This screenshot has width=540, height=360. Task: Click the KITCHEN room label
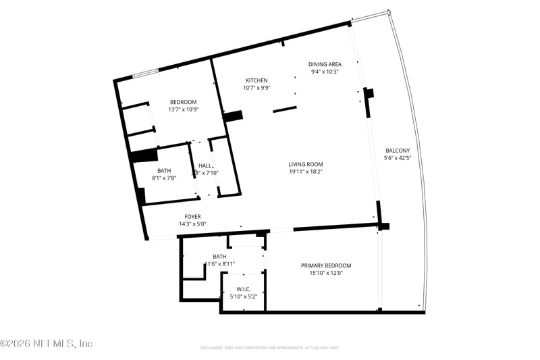coord(256,80)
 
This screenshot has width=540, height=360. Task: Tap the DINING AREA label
coord(325,64)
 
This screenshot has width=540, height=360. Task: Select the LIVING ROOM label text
coord(306,164)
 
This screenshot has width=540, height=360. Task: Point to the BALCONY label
coord(398,150)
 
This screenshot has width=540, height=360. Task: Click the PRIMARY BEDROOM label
coord(326,265)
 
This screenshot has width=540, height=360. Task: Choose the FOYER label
coord(192,217)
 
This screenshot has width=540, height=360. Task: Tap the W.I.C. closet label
coord(244,288)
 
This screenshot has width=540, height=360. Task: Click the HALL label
coord(205,165)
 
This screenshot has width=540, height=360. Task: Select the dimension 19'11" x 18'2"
coord(306,172)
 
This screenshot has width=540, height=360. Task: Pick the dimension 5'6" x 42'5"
coord(398,158)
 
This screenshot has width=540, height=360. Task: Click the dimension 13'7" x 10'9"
coord(183,109)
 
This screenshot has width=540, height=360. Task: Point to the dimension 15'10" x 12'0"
coord(326,274)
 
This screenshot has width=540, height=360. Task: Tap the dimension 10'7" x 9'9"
coord(256,88)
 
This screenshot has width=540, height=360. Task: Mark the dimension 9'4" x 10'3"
coord(325,72)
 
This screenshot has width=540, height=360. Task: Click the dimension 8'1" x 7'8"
coord(164,178)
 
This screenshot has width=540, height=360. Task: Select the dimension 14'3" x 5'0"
coord(192,224)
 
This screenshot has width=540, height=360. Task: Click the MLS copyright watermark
coord(46,344)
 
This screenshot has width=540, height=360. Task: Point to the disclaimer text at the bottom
coord(269,348)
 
